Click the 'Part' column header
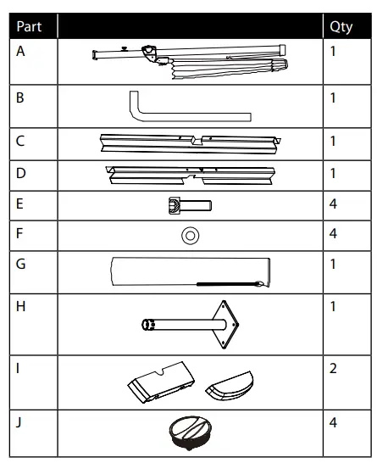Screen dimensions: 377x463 pyautogui.click(x=29, y=26)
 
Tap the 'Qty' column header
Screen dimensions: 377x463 pyautogui.click(x=341, y=27)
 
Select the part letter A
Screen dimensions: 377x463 pyautogui.click(x=20, y=52)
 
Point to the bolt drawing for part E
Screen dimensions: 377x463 pyautogui.click(x=190, y=205)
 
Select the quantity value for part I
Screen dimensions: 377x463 pyautogui.click(x=333, y=368)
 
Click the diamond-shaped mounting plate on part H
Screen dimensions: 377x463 pyautogui.click(x=225, y=325)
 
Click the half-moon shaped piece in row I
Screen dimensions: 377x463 pyautogui.click(x=230, y=386)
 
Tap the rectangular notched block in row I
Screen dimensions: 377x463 pyautogui.click(x=161, y=382)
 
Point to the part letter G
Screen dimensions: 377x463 pyautogui.click(x=20, y=264)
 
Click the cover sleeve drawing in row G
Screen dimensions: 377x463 pyautogui.click(x=191, y=272)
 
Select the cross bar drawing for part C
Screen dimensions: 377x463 pyautogui.click(x=191, y=144)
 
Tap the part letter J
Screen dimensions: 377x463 pyautogui.click(x=19, y=423)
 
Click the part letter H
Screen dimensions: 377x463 pyautogui.click(x=20, y=306)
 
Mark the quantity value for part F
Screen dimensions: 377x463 pyautogui.click(x=333, y=233)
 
